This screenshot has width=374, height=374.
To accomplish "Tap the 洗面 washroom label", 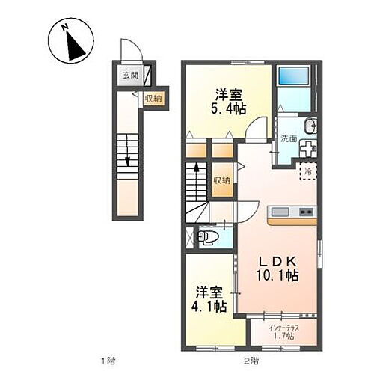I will (x=289, y=138).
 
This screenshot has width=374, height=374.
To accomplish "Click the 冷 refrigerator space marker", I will (x=307, y=172).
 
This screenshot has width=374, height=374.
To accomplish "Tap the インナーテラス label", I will (x=281, y=327).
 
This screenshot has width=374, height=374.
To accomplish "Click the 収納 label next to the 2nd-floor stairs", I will (x=221, y=180).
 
